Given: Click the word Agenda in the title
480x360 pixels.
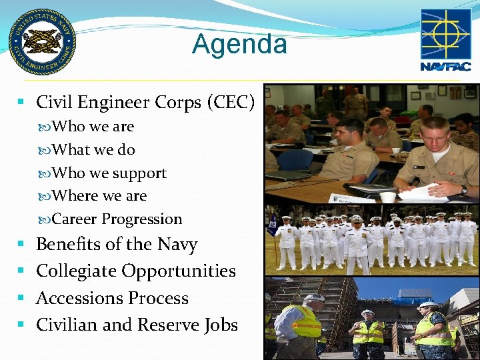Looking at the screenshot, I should pyautogui.click(x=239, y=45).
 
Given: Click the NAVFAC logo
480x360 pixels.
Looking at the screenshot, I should pyautogui.click(x=445, y=39).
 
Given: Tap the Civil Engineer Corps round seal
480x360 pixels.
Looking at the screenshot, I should pyautogui.click(x=42, y=42).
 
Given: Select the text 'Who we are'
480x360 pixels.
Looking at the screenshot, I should pyautogui.click(x=93, y=127).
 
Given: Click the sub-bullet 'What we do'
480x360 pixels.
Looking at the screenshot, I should pyautogui.click(x=93, y=150).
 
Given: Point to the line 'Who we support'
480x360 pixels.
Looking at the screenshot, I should pyautogui.click(x=109, y=173).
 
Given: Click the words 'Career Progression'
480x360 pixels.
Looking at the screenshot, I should pyautogui.click(x=117, y=219).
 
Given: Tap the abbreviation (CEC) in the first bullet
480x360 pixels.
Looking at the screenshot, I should pyautogui.click(x=231, y=103).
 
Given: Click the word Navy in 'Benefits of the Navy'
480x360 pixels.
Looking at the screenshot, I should pyautogui.click(x=177, y=245).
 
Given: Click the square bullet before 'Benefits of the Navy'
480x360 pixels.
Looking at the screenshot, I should pyautogui.click(x=21, y=245).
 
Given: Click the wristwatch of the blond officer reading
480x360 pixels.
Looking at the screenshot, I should pyautogui.click(x=464, y=190).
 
